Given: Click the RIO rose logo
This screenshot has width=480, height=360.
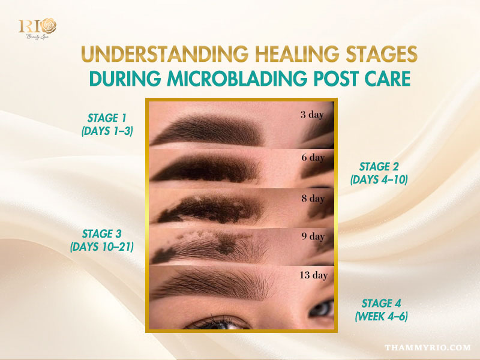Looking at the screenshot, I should (x=37, y=28).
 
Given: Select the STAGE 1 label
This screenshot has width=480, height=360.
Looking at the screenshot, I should (x=106, y=118).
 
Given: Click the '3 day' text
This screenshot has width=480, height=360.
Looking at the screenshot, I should (x=312, y=115).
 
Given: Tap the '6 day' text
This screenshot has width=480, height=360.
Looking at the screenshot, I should (x=312, y=158).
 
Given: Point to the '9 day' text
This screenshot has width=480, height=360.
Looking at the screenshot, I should (x=312, y=236).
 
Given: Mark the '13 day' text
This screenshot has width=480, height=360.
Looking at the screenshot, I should (x=313, y=276).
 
